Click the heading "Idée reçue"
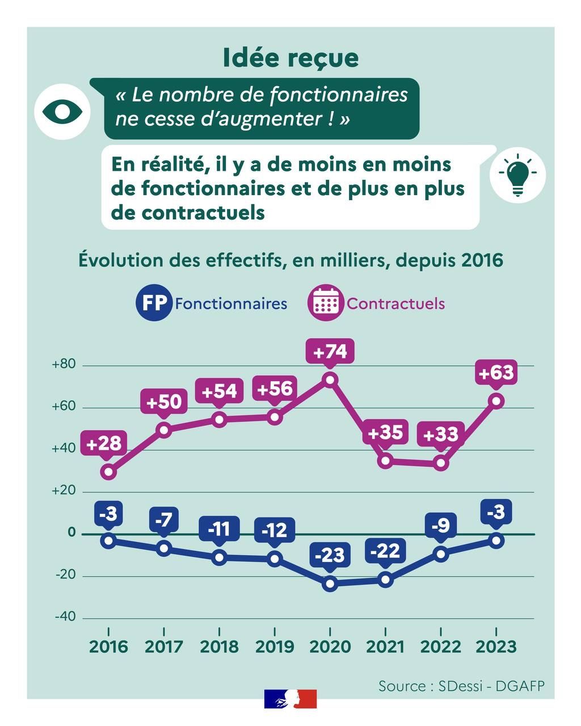(290, 58)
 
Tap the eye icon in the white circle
(62, 112)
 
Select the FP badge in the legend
(154, 303)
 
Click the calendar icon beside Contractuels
(326, 303)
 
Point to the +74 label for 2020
(330, 352)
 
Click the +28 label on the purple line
(105, 443)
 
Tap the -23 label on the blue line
(330, 555)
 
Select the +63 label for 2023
(496, 373)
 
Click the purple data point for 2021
(386, 461)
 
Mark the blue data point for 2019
(275, 559)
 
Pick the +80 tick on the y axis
(64, 364)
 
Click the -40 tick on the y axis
(65, 617)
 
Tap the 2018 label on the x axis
(220, 647)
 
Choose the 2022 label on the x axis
(441, 647)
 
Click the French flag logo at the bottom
(290, 699)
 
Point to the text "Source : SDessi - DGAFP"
(461, 686)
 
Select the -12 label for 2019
(275, 530)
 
